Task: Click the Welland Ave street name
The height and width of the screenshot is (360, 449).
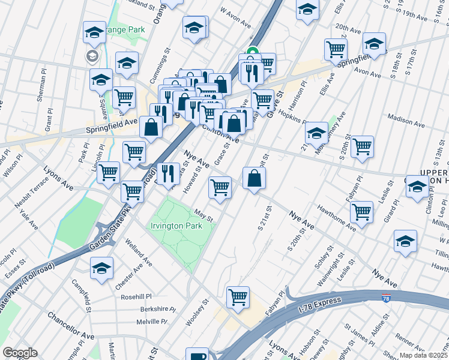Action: coord(138,252)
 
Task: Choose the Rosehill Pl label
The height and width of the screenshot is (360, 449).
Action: coord(137,296)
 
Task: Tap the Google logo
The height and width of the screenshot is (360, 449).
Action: coord(20,353)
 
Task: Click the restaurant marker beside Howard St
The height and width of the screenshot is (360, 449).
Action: coord(168,173)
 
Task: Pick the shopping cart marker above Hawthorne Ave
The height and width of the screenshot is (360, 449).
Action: coord(361,211)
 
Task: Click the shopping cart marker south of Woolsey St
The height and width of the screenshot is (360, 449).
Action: coord(238,297)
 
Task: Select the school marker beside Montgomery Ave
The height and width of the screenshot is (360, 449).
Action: coord(316,133)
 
